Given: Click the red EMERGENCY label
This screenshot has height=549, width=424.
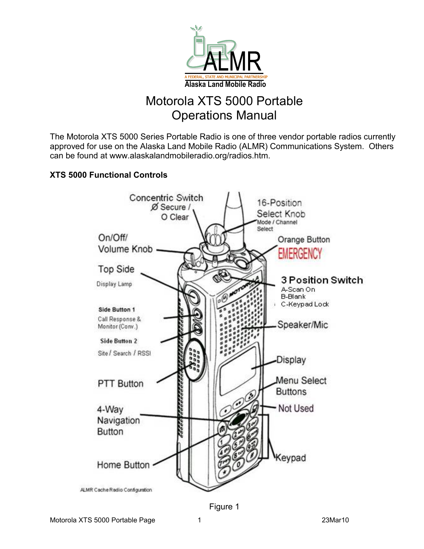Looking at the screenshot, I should pyautogui.click(x=300, y=254).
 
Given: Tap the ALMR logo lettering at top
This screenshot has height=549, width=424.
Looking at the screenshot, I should pyautogui.click(x=232, y=62).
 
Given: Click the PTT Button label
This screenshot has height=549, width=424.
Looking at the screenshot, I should pyautogui.click(x=120, y=384).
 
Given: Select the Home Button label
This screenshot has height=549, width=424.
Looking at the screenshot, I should pyautogui.click(x=123, y=465).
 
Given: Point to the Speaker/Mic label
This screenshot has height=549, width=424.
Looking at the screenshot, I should pyautogui.click(x=303, y=325).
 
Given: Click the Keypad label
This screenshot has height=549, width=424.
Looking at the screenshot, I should pyautogui.click(x=291, y=458).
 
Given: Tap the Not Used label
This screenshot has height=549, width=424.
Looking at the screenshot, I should pyautogui.click(x=296, y=408).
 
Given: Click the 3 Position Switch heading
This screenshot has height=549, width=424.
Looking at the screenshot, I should pyautogui.click(x=322, y=280).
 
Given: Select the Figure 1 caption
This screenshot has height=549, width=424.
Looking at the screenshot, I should pyautogui.click(x=224, y=506).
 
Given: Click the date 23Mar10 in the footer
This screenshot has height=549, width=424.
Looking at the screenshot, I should pyautogui.click(x=335, y=520).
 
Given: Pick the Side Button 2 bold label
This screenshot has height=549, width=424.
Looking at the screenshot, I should pyautogui.click(x=118, y=341).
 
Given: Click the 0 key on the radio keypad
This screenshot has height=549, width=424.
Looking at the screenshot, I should pyautogui.click(x=238, y=465).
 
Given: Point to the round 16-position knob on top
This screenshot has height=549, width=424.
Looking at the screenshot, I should pyautogui.click(x=215, y=235).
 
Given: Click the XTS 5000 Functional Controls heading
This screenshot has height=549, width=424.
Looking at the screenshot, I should pyautogui.click(x=108, y=175).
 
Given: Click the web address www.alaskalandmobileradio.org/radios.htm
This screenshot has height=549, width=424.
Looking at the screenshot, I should pyautogui.click(x=189, y=156).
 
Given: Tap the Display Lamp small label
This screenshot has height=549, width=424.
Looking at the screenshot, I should pyautogui.click(x=114, y=284).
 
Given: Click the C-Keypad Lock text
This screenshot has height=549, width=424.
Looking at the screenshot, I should pyautogui.click(x=305, y=304).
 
